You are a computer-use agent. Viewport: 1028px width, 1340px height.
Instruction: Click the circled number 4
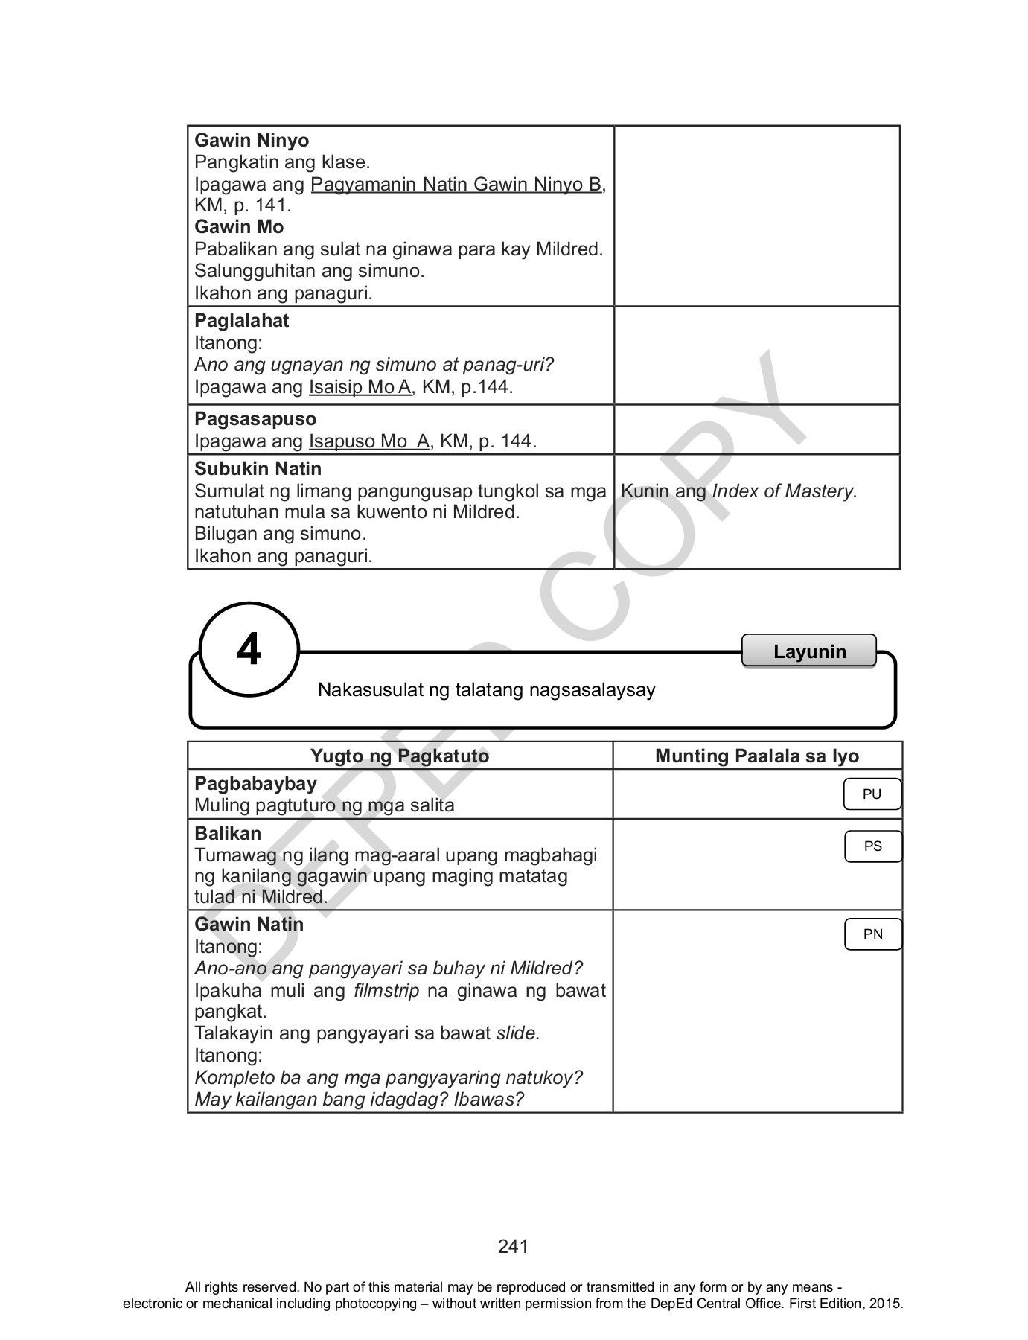[x=249, y=650]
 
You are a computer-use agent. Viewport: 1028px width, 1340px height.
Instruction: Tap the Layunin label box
[x=809, y=651]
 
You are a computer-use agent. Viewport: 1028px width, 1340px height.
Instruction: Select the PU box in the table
[x=872, y=794]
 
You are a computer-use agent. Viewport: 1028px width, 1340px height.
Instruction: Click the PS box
[x=872, y=846]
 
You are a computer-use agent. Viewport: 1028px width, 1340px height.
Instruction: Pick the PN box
[x=872, y=934]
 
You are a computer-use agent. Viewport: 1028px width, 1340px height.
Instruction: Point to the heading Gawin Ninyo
[x=252, y=141]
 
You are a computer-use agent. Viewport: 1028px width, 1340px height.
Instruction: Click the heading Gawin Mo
[x=239, y=227]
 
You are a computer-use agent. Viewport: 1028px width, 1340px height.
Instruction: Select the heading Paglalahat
[x=241, y=321]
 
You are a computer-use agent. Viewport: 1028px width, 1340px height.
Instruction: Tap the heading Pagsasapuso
[x=255, y=419]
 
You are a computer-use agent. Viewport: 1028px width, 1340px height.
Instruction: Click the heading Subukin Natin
[x=258, y=469]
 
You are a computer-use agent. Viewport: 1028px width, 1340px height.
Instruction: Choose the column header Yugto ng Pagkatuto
[x=400, y=756]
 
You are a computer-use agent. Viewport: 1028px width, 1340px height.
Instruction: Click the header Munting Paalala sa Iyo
[x=756, y=756]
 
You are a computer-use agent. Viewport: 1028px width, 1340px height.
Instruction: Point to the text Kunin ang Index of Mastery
[x=738, y=491]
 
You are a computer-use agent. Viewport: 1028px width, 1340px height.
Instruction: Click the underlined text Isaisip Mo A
[x=360, y=387]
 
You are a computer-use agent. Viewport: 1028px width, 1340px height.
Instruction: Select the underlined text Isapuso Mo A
[x=369, y=441]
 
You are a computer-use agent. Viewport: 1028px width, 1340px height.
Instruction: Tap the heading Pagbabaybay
[x=255, y=784]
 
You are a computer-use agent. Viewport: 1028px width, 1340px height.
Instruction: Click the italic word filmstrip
[x=386, y=991]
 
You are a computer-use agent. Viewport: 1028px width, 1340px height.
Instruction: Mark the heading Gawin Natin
[x=249, y=925]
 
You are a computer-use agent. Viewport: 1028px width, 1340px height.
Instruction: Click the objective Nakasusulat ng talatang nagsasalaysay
[x=486, y=690]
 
